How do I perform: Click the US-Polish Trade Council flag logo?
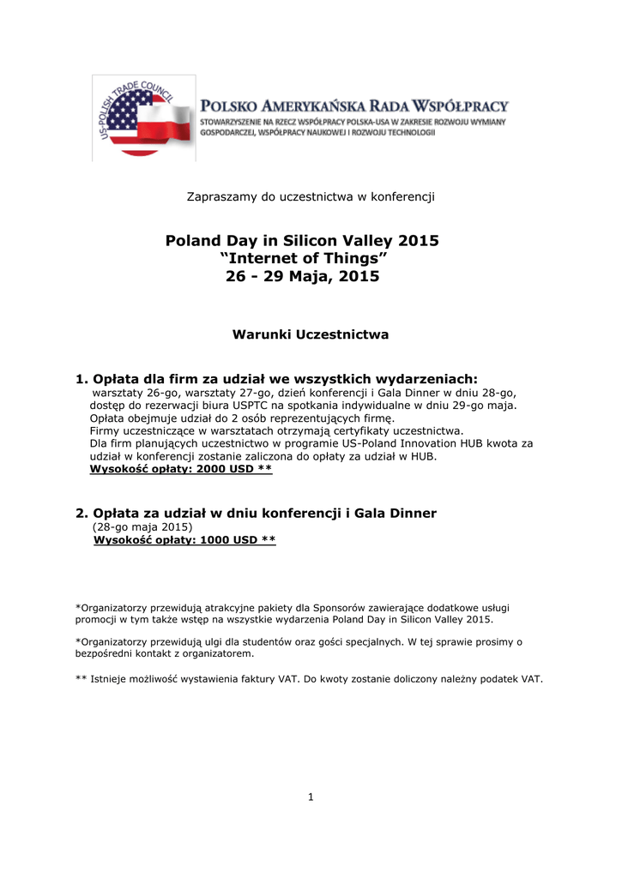click(x=142, y=118)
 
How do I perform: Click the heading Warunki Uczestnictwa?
click(x=311, y=334)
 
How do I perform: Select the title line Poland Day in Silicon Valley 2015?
click(x=302, y=241)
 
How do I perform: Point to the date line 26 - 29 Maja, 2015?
click(x=301, y=277)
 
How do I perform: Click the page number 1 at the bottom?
click(x=311, y=797)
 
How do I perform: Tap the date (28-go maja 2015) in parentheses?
click(x=142, y=526)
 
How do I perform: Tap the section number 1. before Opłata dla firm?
click(x=82, y=379)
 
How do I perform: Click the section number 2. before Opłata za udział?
click(x=82, y=513)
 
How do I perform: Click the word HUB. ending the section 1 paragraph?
click(x=423, y=456)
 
